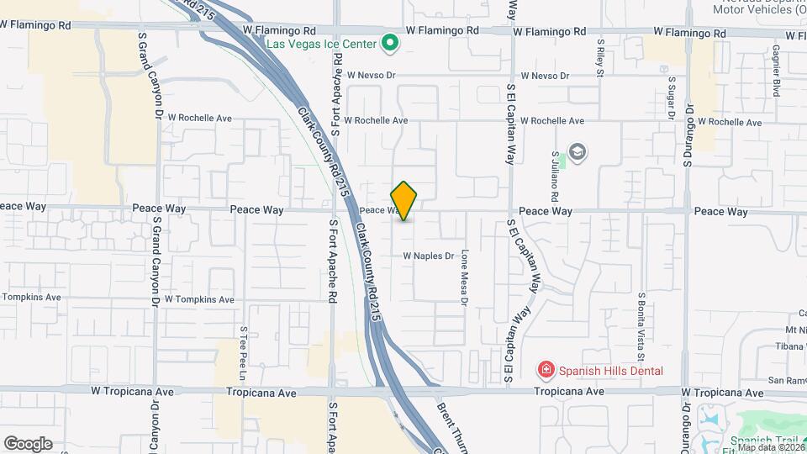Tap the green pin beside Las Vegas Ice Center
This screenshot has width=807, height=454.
coord(389,42)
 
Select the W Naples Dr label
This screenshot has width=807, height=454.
coord(428,256)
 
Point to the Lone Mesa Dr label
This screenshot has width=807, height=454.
coord(463,276)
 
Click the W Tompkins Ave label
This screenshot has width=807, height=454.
coord(199,299)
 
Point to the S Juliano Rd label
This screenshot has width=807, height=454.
coord(556,171)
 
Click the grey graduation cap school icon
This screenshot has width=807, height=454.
coord(578,152)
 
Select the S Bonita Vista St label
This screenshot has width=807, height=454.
coord(641,320)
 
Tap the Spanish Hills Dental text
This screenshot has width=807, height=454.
coord(611,371)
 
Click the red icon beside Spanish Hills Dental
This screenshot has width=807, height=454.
coord(546,370)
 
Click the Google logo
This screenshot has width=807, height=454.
coord(28,444)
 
